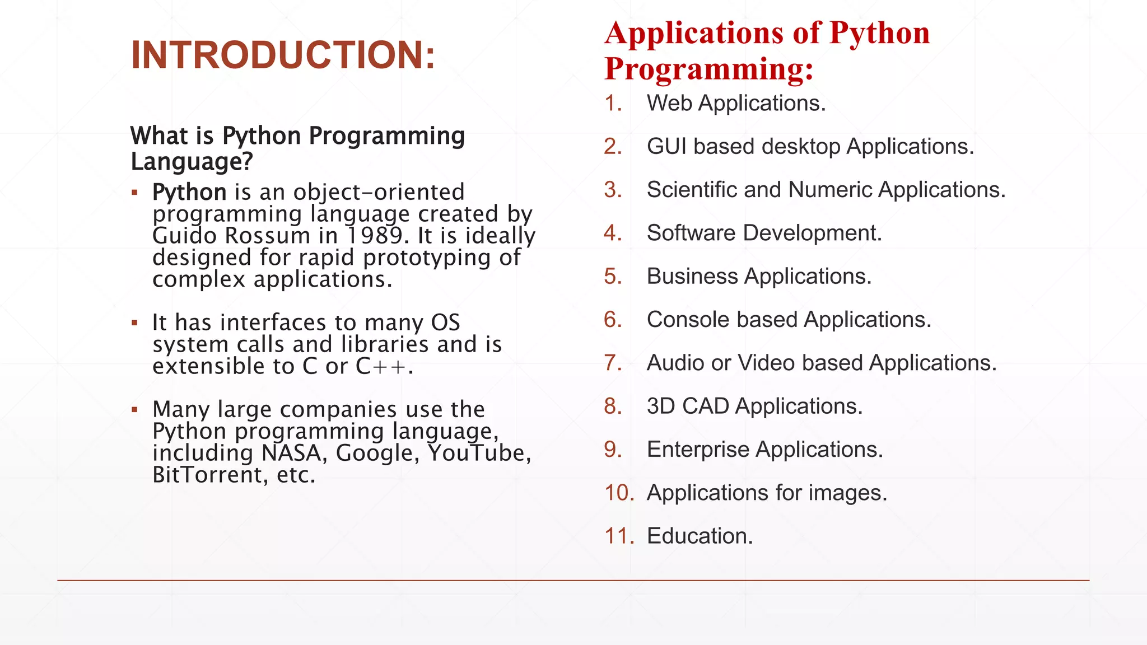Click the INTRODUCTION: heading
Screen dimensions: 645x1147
[x=283, y=55]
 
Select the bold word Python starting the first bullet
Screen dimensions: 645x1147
[x=189, y=192]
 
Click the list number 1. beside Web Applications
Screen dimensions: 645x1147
[x=613, y=104]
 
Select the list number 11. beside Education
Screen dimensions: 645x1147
[x=619, y=536]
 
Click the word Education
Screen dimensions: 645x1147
[x=700, y=536]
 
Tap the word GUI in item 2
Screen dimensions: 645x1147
[x=666, y=147]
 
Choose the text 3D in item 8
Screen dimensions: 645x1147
[x=661, y=406]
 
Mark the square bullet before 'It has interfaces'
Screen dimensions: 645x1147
[x=134, y=323]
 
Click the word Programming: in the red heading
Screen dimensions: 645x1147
[x=709, y=68]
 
